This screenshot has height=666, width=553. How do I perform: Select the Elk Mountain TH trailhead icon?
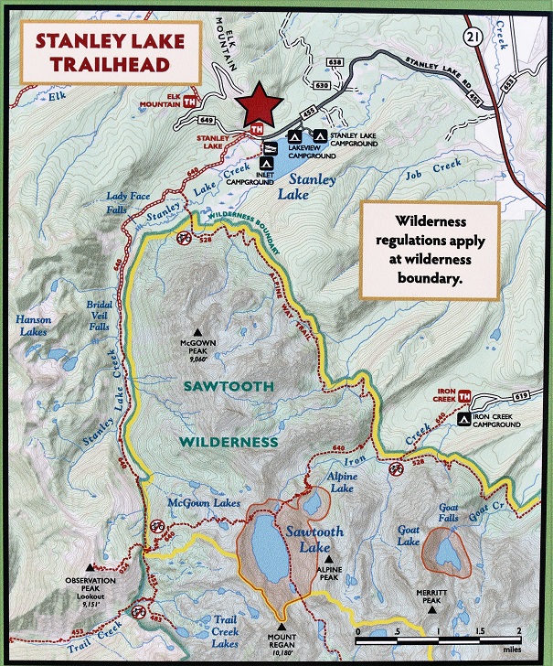pos(190,102)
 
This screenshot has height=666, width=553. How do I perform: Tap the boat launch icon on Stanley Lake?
pos(270,147)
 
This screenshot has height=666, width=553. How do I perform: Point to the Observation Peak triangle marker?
pos(90,567)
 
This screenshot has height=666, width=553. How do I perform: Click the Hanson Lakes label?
pos(33,326)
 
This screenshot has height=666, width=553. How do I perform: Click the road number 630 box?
pos(321,85)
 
